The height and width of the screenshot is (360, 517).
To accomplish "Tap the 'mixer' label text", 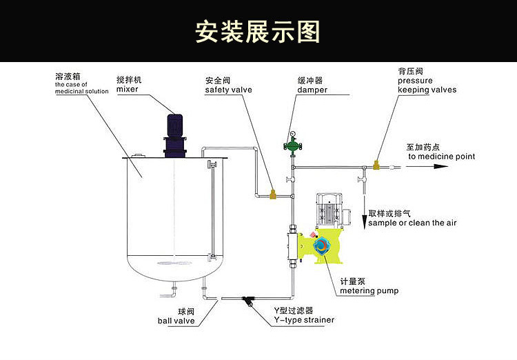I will point(127,89).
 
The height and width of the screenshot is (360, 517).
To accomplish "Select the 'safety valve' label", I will point(228,90).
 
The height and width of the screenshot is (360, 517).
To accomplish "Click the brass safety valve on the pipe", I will point(273,194).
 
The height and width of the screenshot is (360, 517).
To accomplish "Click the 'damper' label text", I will point(312,90).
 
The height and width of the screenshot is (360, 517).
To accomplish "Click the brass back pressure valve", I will point(376,166).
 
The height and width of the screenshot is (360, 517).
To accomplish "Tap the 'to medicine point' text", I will point(441,157).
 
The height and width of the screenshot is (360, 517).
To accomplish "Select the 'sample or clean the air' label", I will point(412,223).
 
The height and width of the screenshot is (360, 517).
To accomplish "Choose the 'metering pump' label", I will point(369,290).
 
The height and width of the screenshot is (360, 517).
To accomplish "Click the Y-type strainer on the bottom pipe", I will point(247,301).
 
